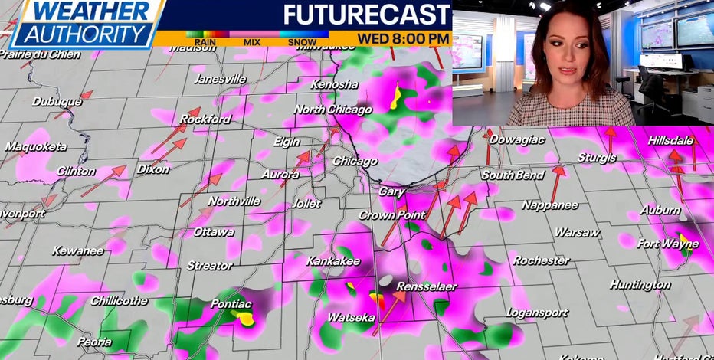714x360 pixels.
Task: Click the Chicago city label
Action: coord(355,162)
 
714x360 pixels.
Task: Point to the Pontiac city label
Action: coord(231,303)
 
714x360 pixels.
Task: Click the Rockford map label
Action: coord(205,119)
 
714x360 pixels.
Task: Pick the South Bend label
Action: coord(513,175)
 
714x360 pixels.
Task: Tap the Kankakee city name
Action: coord(333,261)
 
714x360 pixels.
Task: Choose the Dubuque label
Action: coord(57,102)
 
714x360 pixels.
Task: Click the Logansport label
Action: coord(537,313)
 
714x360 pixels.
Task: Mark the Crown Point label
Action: coord(386,215)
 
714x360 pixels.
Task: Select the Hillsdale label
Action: coord(670,141)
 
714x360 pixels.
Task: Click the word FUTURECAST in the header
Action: coord(367,15)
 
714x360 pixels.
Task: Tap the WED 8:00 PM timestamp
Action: coord(402,38)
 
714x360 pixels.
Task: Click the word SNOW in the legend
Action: coord(303,43)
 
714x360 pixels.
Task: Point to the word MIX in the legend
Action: coord(251,43)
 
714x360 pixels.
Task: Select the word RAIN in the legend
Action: coord(204,43)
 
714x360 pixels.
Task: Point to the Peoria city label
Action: coord(93,342)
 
